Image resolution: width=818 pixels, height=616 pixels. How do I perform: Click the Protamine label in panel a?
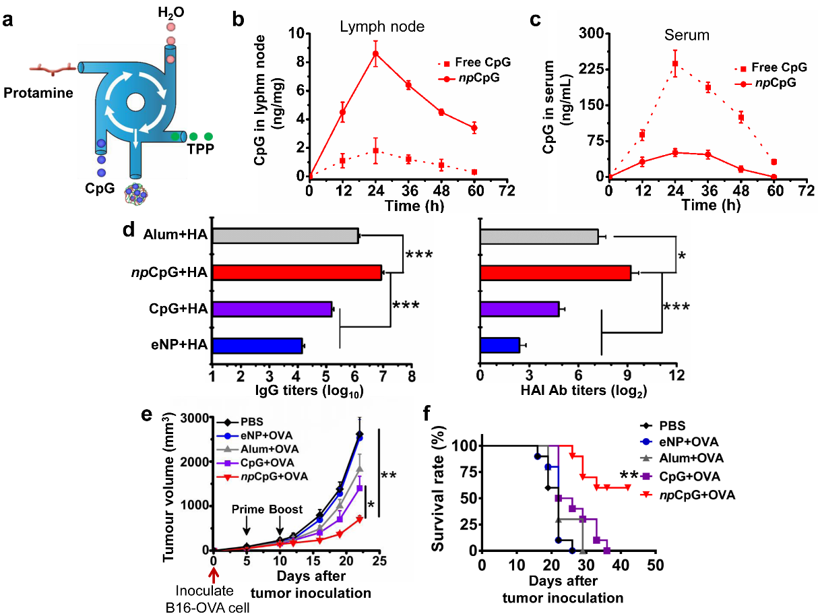tap(37, 93)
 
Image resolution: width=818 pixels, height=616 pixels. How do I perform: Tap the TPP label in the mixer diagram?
tap(200, 150)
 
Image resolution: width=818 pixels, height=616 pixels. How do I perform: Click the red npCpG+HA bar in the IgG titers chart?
tap(297, 273)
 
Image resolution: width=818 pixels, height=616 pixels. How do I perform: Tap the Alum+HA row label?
tap(175, 235)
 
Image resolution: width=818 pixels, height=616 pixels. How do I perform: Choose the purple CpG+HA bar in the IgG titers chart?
tap(272, 309)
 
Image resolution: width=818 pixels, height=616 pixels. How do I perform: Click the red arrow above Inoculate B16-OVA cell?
tap(214, 574)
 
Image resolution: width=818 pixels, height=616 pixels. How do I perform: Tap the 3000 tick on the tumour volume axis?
tap(193, 417)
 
